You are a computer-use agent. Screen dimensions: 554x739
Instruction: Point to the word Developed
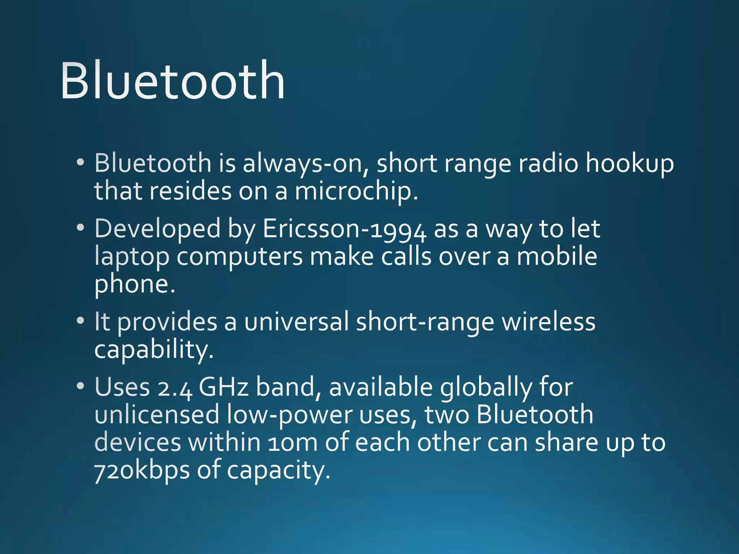coord(157,229)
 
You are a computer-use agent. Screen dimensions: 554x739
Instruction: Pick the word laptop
coord(132,258)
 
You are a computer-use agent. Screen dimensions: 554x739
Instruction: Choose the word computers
coord(240,258)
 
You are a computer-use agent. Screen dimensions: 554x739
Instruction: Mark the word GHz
coord(224,387)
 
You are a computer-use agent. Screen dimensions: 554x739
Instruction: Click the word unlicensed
coord(157,415)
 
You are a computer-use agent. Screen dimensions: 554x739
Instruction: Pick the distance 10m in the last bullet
coord(293,443)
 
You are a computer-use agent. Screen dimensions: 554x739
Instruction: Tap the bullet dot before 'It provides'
coord(80,320)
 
